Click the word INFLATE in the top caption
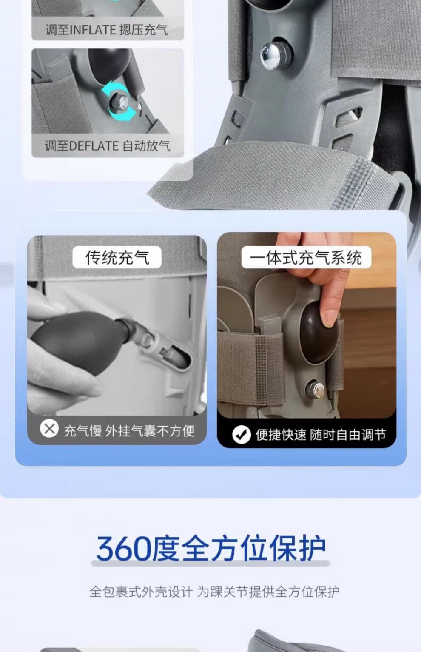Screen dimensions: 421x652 tap(93, 30)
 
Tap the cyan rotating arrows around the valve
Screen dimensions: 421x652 tap(119, 102)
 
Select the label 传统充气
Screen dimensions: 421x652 tap(117, 257)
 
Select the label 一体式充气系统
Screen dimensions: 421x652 tap(306, 257)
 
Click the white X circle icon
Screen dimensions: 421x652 tap(49, 428)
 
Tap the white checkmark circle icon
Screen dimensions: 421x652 tap(242, 435)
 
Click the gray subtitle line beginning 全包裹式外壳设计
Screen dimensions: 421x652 tap(214, 592)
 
